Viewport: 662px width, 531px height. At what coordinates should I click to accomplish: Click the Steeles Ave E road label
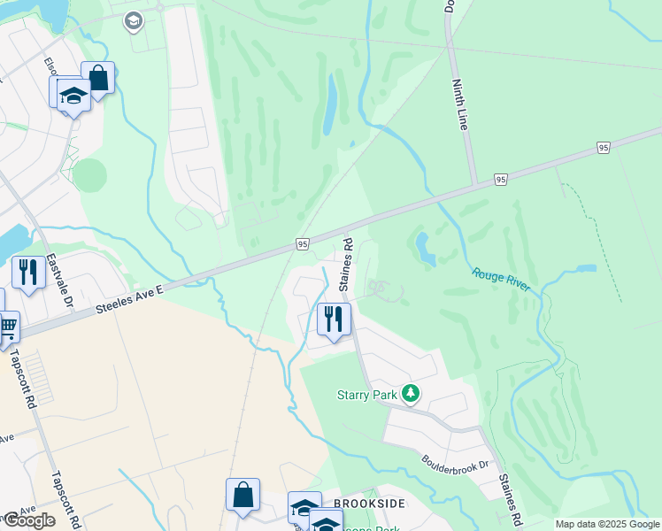(128, 299)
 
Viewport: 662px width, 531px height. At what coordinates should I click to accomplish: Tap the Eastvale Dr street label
(61, 280)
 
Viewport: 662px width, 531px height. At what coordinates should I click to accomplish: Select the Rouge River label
(501, 281)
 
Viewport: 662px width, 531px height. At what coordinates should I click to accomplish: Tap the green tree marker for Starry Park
(410, 393)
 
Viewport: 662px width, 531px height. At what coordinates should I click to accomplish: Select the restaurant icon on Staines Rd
(334, 319)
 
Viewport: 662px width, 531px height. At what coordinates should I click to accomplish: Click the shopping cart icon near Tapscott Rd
(8, 327)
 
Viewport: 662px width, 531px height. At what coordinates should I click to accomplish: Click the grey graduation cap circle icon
(134, 21)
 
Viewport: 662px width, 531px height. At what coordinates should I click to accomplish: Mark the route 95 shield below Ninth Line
(501, 180)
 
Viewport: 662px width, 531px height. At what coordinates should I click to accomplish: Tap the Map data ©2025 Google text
(607, 524)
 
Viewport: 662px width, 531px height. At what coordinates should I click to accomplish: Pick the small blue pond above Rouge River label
(427, 249)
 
